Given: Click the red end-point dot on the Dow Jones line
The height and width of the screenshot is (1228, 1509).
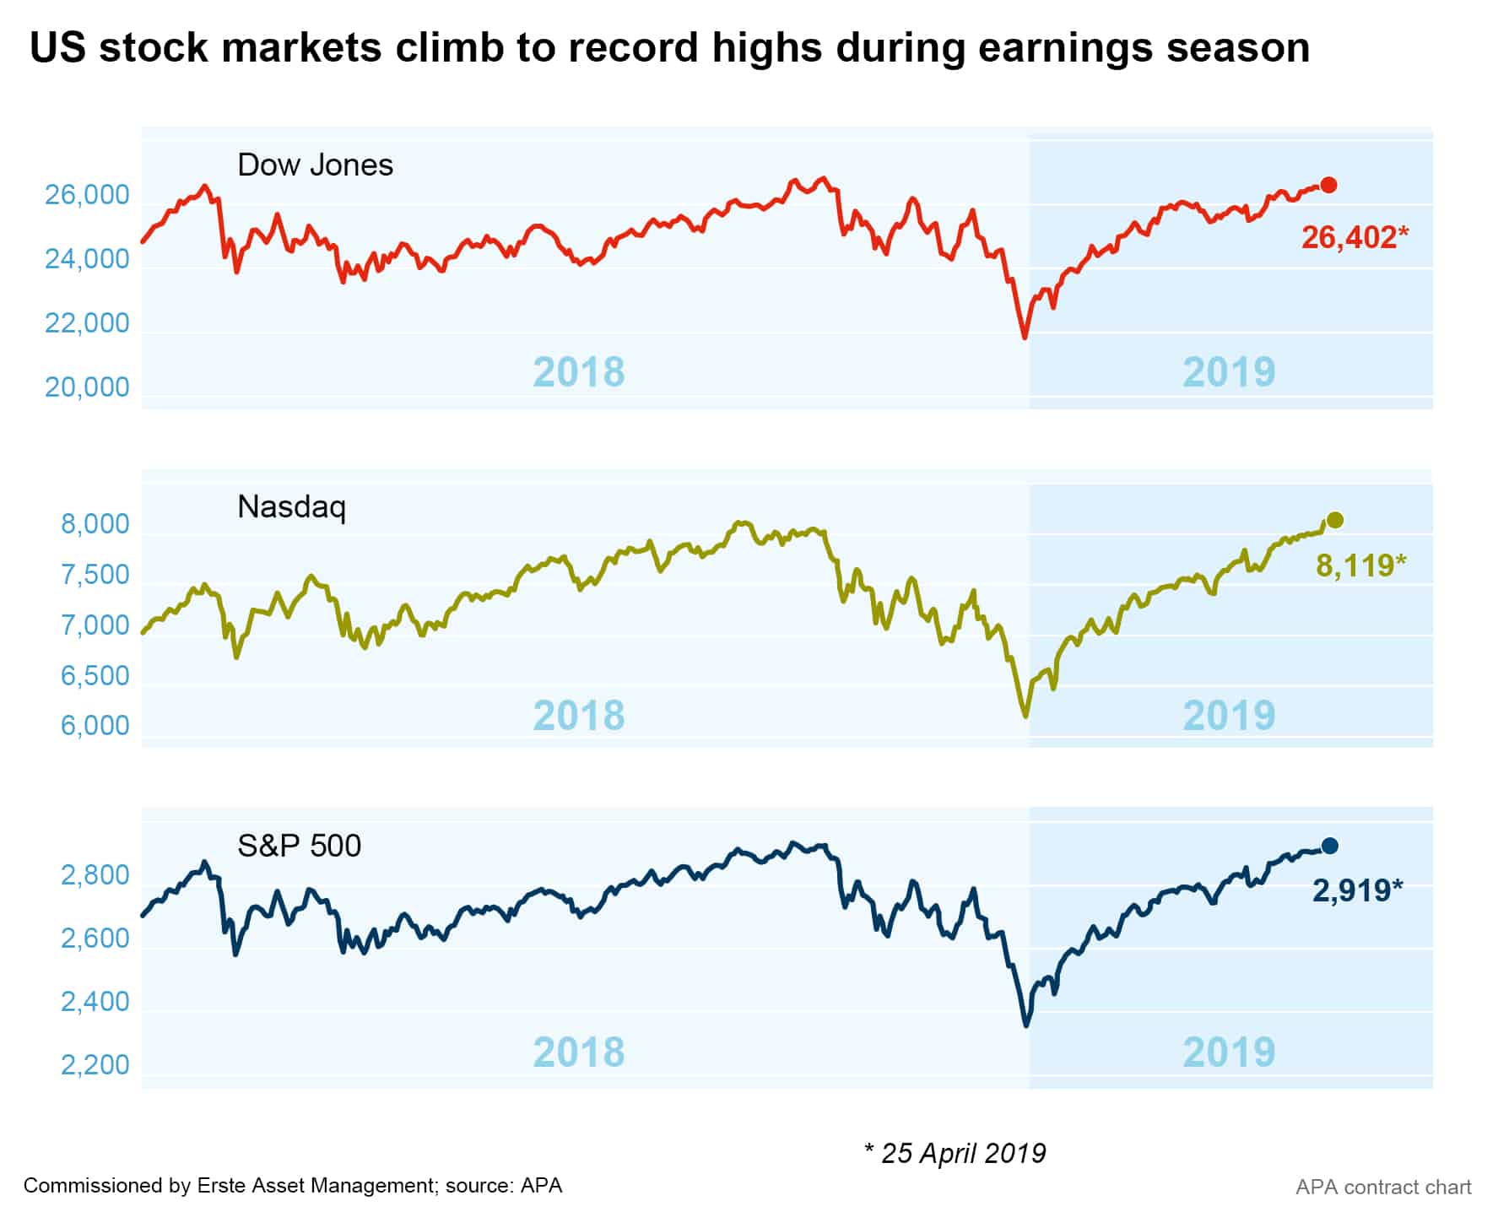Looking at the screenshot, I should coord(1328,185).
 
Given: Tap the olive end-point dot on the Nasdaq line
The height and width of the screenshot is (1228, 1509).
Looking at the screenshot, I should coord(1334,520).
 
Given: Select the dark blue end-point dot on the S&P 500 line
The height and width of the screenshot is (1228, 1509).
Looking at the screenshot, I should coord(1329,846).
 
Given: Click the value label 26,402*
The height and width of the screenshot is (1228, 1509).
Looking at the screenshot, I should coord(1355,237).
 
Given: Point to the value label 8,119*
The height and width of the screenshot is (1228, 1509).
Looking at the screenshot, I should coord(1360,565).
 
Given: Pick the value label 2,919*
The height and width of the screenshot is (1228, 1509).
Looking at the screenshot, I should coord(1357,890).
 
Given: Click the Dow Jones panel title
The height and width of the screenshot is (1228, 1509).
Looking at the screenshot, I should coord(315,165).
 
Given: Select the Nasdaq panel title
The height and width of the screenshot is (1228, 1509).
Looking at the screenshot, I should coord(291,507).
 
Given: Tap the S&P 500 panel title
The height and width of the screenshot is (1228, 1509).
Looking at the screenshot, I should coord(299,845).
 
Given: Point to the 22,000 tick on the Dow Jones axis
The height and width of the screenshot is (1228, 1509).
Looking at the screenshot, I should coord(87,322).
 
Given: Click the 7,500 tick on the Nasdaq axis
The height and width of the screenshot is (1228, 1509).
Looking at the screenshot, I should coord(95,575).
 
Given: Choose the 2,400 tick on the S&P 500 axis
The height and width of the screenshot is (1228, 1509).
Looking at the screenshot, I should coord(95,1002).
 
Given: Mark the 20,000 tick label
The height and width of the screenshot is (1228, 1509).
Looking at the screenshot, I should coord(87,387).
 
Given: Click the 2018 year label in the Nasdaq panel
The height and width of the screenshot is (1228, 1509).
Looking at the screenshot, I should coord(579,715).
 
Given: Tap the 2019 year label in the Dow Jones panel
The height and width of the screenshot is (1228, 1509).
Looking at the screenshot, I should coord(1228,371).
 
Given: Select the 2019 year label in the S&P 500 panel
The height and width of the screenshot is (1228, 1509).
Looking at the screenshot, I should coord(1228,1052).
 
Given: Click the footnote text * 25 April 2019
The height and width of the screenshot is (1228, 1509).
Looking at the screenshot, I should coord(955,1153).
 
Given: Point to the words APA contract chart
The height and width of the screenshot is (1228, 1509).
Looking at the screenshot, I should coord(1383,1187).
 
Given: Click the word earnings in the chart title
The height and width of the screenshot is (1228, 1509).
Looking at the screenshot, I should coord(1065,47).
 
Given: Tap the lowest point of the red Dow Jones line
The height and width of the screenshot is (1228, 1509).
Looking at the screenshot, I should coord(1025,338).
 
